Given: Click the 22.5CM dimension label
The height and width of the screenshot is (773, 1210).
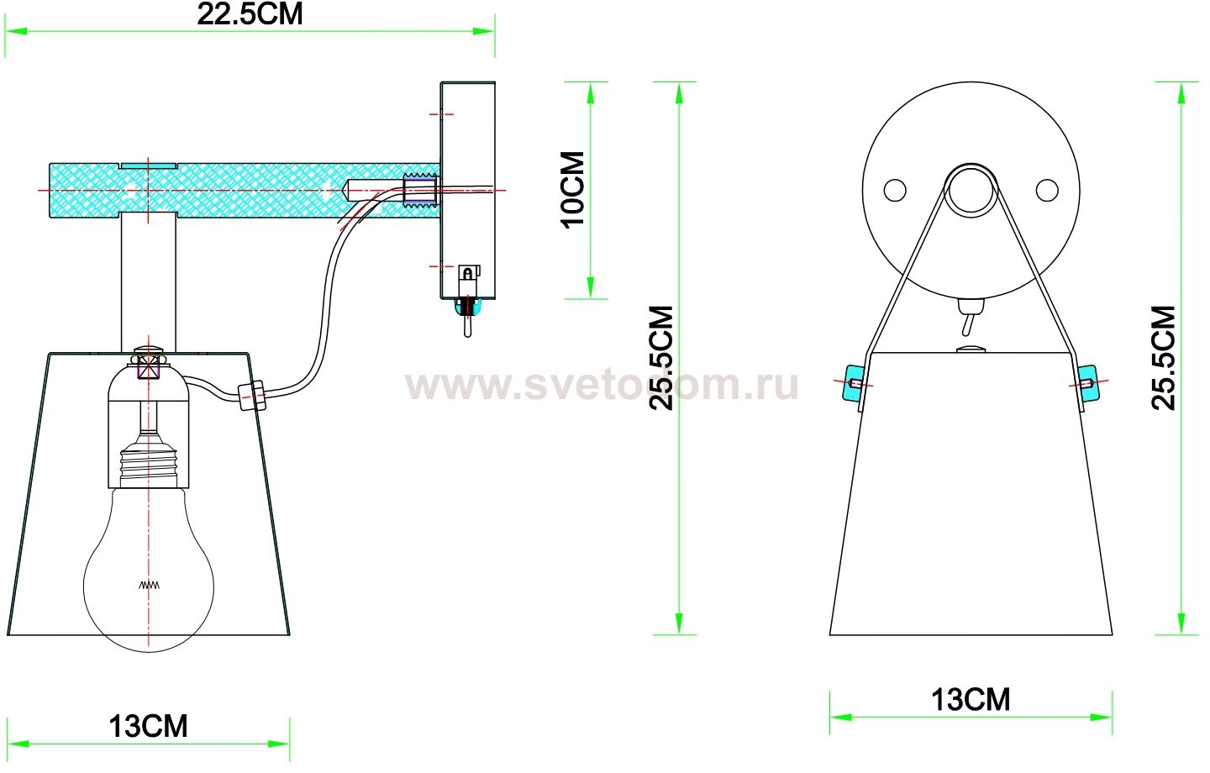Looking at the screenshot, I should pyautogui.click(x=250, y=14).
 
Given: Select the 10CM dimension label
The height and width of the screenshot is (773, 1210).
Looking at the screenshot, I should pyautogui.click(x=573, y=190).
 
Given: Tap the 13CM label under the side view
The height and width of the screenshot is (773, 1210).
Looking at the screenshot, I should pyautogui.click(x=148, y=726).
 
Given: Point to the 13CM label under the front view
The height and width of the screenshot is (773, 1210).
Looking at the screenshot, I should pyautogui.click(x=971, y=699).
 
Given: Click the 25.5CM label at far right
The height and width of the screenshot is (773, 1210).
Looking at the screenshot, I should pyautogui.click(x=1164, y=357).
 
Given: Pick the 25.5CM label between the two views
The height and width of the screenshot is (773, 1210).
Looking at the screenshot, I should pyautogui.click(x=663, y=357).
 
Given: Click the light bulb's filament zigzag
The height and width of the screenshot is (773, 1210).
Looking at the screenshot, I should pyautogui.click(x=149, y=584).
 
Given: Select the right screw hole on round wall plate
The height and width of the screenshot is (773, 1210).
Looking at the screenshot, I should pyautogui.click(x=1046, y=190).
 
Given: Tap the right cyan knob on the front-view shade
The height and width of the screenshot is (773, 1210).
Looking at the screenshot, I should pyautogui.click(x=1087, y=383).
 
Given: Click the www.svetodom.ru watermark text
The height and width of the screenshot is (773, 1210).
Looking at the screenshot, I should pyautogui.click(x=601, y=386).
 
